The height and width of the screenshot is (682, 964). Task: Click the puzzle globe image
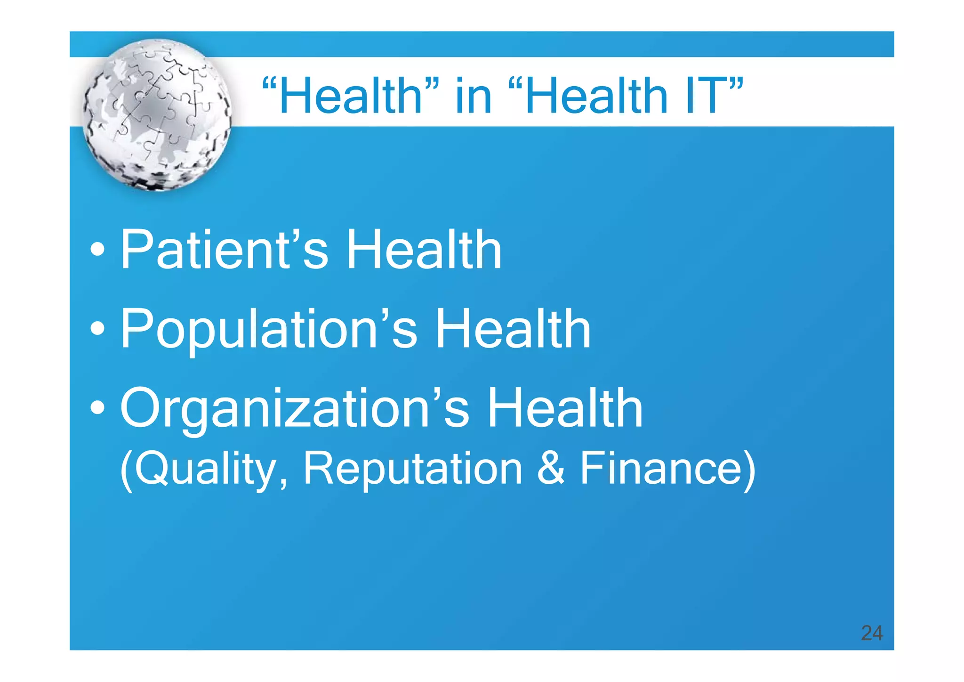coord(157,115)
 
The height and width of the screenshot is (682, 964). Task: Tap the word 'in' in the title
coord(474,96)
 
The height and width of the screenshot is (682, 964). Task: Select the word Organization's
coord(295,409)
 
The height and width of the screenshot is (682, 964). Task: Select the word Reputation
coord(412,469)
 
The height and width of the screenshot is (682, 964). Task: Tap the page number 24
coord(871,633)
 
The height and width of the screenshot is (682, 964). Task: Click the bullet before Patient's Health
coord(97,250)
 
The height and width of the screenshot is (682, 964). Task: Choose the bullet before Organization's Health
coord(97,409)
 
